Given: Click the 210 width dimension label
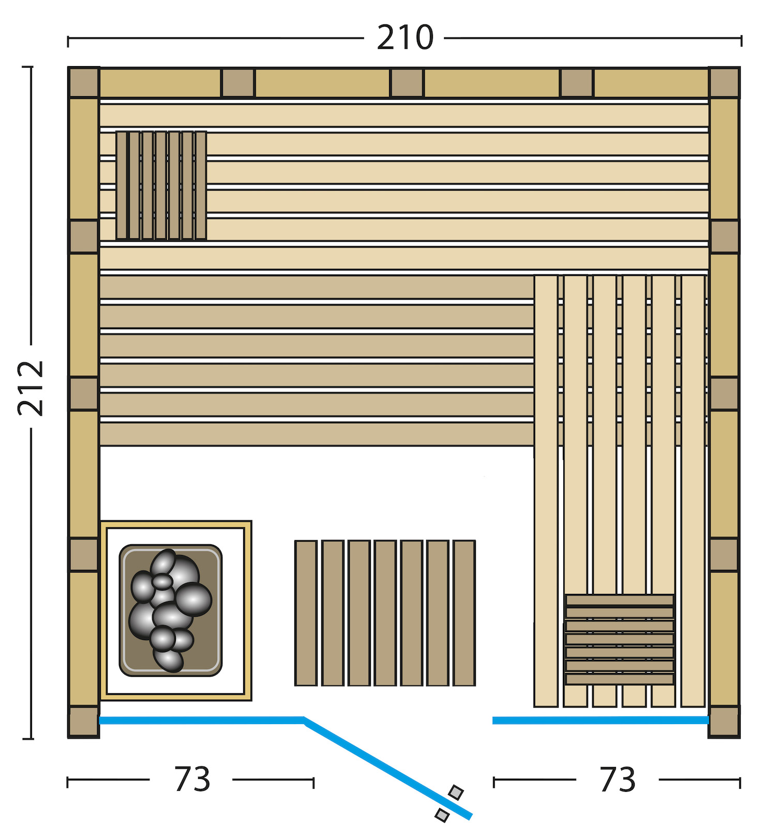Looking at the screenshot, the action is coord(405,38).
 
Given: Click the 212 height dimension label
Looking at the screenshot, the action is coord(31,388).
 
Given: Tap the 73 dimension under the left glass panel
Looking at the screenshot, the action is coord(192,779).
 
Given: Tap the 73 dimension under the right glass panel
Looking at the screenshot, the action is coord(617,779).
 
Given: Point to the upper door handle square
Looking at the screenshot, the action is coord(456,792).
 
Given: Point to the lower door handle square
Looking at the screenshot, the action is coord(442,815).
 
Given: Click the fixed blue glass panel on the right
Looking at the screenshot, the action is coord(601,720).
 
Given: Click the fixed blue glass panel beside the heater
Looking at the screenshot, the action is coord(202,720).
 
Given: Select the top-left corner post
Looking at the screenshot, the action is coord(83,82).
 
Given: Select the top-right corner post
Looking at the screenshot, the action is coord(724,82).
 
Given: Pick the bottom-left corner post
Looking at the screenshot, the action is coord(83,722).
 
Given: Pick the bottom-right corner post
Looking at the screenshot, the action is coord(724,722).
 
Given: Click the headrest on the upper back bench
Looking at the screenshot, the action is coord(161,186).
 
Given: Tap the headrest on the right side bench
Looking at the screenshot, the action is coord(620,640).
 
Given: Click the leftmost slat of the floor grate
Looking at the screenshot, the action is coord(306,613).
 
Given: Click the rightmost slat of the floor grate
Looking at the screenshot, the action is coord(464,613).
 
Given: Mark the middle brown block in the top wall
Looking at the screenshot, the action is coord(407,83).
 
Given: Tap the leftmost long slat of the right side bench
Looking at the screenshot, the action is coord(546,491).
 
